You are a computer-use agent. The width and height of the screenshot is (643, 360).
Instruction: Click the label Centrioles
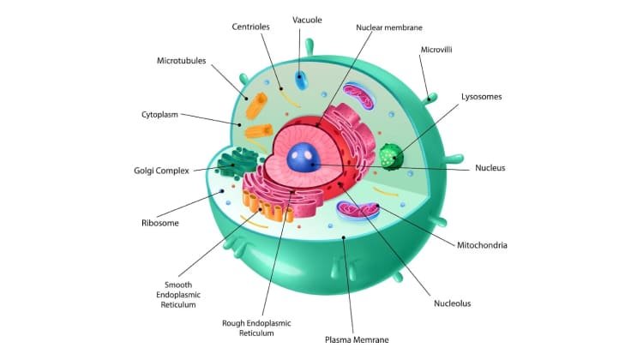click(250, 27)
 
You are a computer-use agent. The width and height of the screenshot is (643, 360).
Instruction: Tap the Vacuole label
click(307, 19)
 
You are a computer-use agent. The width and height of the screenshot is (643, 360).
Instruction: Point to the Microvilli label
click(436, 50)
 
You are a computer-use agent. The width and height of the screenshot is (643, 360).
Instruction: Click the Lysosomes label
click(481, 97)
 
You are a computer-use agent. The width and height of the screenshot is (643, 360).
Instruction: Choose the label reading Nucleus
click(490, 168)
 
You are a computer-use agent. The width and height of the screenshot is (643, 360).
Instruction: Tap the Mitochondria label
click(482, 245)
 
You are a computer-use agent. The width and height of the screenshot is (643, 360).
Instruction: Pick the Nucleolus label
click(453, 303)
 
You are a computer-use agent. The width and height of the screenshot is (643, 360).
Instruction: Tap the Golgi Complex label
click(163, 170)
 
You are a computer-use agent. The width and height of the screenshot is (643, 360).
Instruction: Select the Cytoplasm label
click(159, 114)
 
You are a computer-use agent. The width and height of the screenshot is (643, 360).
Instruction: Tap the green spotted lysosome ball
click(391, 156)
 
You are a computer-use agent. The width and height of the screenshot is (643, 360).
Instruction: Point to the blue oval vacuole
click(301, 81)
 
